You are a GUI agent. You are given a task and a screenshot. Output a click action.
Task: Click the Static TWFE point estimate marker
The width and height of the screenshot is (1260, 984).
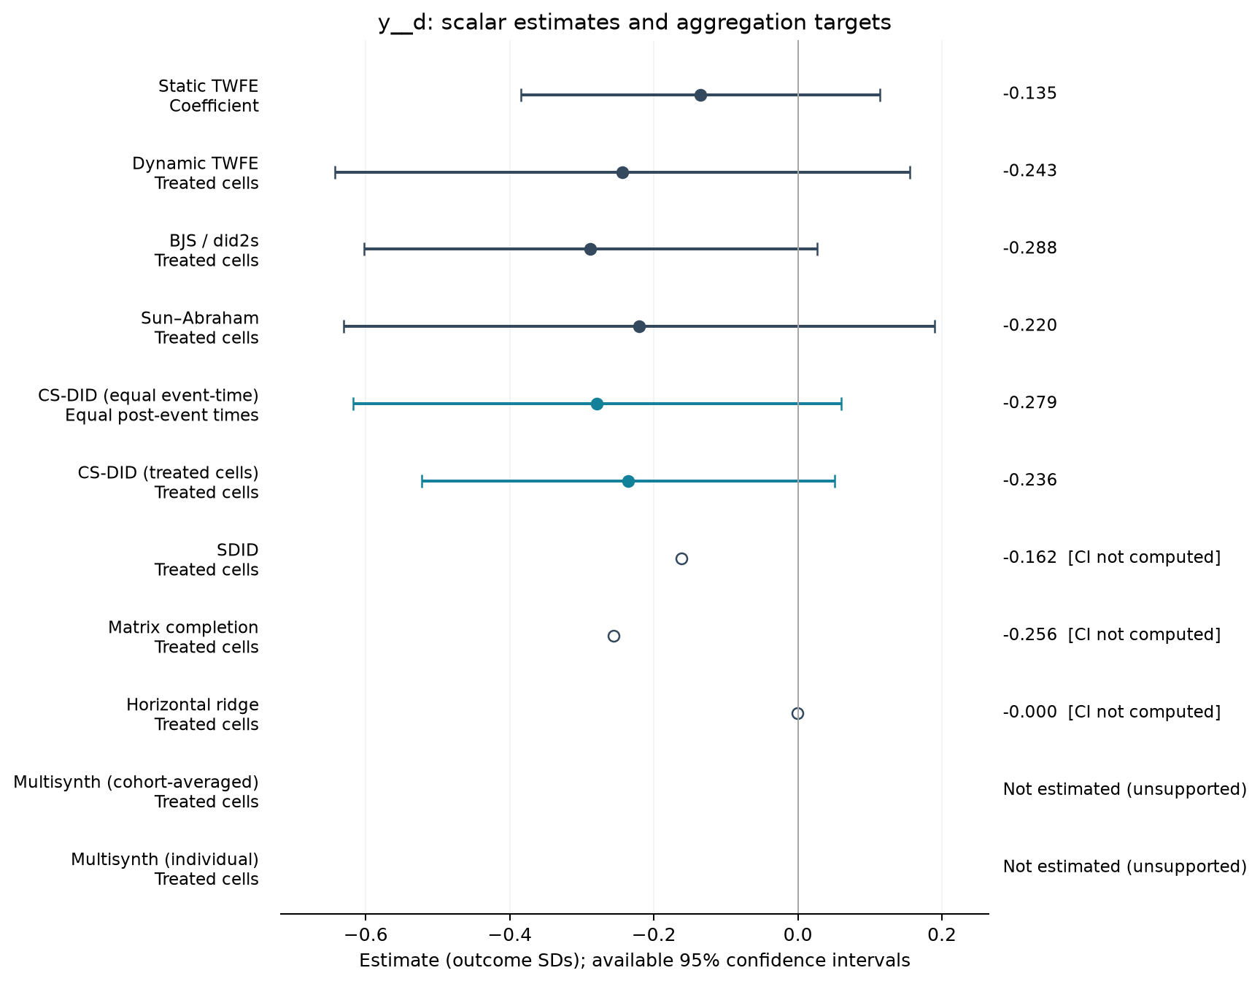pos(700,95)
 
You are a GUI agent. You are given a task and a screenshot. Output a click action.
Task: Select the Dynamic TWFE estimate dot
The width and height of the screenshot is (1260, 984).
pos(622,172)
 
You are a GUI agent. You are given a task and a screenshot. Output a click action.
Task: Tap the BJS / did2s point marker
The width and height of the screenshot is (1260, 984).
pos(590,250)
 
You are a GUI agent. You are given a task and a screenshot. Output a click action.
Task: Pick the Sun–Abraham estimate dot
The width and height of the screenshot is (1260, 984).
pos(639,326)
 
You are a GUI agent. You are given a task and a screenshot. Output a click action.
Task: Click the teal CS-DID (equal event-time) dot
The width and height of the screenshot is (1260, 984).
pos(597,404)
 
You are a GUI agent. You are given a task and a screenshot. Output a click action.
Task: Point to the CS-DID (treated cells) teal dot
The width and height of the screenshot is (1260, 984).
pos(628,481)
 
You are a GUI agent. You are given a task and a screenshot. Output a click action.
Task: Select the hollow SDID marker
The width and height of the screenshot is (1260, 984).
pos(681,558)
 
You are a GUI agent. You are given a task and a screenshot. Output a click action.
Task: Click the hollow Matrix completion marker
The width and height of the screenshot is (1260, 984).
pos(614,636)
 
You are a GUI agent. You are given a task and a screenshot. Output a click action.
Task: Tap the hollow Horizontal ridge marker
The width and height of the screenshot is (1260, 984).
pos(797,713)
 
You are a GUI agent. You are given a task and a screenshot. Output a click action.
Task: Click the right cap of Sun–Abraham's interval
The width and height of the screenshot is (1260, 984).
pos(935,326)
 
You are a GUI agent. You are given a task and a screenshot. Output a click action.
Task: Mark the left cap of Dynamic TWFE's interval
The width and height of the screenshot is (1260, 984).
pos(335,172)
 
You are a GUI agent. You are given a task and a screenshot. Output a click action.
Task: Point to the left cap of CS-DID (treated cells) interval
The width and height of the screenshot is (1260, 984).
pos(422,481)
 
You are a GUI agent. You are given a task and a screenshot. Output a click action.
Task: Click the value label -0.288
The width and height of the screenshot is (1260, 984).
pos(1029,248)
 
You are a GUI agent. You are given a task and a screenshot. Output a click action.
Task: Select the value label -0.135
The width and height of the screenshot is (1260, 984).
pos(1029,93)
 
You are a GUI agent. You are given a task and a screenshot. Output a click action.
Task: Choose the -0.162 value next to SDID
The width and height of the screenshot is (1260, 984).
pos(1029,557)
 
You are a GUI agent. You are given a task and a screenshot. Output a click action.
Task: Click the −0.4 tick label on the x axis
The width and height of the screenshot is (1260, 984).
pos(509,935)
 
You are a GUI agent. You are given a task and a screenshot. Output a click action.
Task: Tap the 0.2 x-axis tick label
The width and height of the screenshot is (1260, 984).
pos(942,935)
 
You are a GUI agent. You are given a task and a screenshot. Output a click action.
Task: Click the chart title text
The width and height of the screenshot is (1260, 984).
pos(635,23)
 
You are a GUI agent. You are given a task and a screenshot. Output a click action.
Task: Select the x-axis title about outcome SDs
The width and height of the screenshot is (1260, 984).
pos(635,961)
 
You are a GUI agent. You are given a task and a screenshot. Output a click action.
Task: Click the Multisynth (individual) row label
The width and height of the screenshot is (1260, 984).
pos(165,869)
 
